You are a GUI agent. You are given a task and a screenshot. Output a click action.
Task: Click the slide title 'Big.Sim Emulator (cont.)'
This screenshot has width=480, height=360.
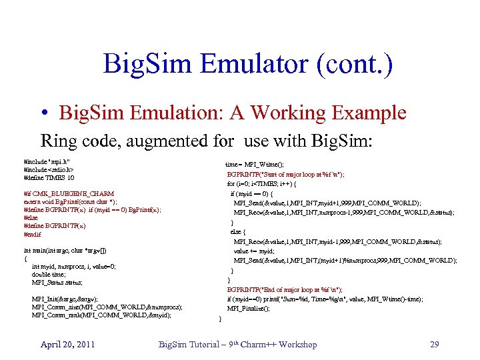point(248,65)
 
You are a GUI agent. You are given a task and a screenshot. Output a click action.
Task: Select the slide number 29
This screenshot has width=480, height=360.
point(434,344)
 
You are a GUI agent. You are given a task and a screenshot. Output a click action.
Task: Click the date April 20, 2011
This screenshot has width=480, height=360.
point(67,344)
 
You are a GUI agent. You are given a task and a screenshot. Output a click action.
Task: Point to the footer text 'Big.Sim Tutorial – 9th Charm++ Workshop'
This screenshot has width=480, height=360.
point(237,344)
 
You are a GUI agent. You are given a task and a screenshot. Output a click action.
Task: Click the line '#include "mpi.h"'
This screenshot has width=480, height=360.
point(47,161)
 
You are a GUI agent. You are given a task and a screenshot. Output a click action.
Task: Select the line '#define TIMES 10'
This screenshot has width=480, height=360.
point(49,177)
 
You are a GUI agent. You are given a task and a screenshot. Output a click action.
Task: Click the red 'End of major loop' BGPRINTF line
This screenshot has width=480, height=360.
point(285,289)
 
